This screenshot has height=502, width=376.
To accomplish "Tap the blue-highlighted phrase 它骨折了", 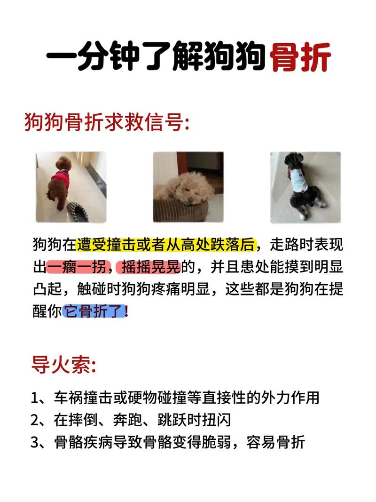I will point(94,312).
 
